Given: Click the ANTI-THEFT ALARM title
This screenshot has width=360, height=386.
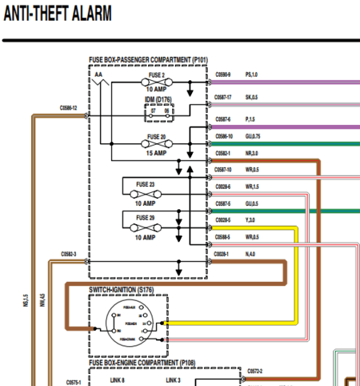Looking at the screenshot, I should tap(58, 14).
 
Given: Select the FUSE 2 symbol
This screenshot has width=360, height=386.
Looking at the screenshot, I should tap(156, 82).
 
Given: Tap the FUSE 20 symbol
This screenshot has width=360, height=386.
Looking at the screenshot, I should tap(157, 144).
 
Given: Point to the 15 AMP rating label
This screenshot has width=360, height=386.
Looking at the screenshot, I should tap(157, 153).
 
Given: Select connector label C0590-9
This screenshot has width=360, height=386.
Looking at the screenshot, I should tap(222, 74).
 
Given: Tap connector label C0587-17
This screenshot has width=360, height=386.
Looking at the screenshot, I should tap(222, 97).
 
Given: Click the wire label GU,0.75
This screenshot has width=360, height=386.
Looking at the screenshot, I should tap(253, 137).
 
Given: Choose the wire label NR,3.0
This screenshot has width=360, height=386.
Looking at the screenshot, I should tap(251, 152).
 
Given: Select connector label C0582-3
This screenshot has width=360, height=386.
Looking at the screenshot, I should tap(69, 255).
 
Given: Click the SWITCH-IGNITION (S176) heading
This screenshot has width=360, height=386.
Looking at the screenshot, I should tap(126, 288).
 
